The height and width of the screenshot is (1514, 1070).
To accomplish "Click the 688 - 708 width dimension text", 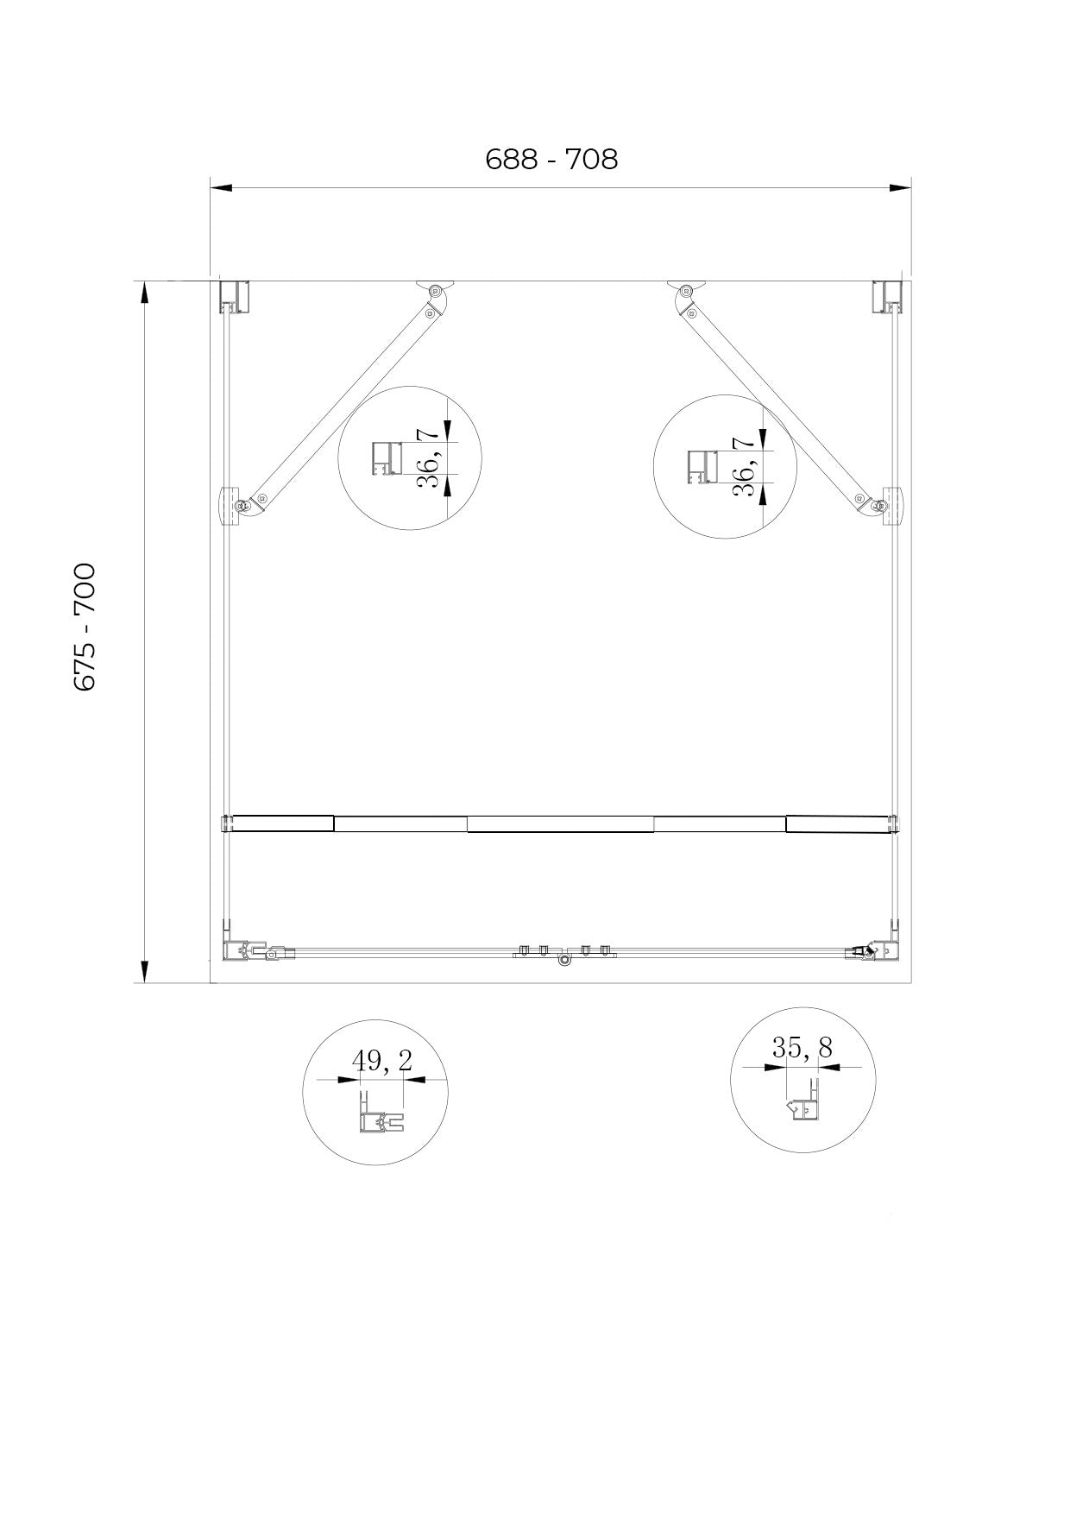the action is coord(551,160).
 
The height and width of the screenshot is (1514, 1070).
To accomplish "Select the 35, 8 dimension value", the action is coord(802,1048).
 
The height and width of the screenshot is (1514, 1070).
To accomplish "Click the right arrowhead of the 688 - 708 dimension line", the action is coord(900,186).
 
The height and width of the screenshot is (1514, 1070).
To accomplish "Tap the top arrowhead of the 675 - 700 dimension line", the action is coord(144,292).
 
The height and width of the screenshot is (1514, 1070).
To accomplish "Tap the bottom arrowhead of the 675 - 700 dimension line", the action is coord(144,971).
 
